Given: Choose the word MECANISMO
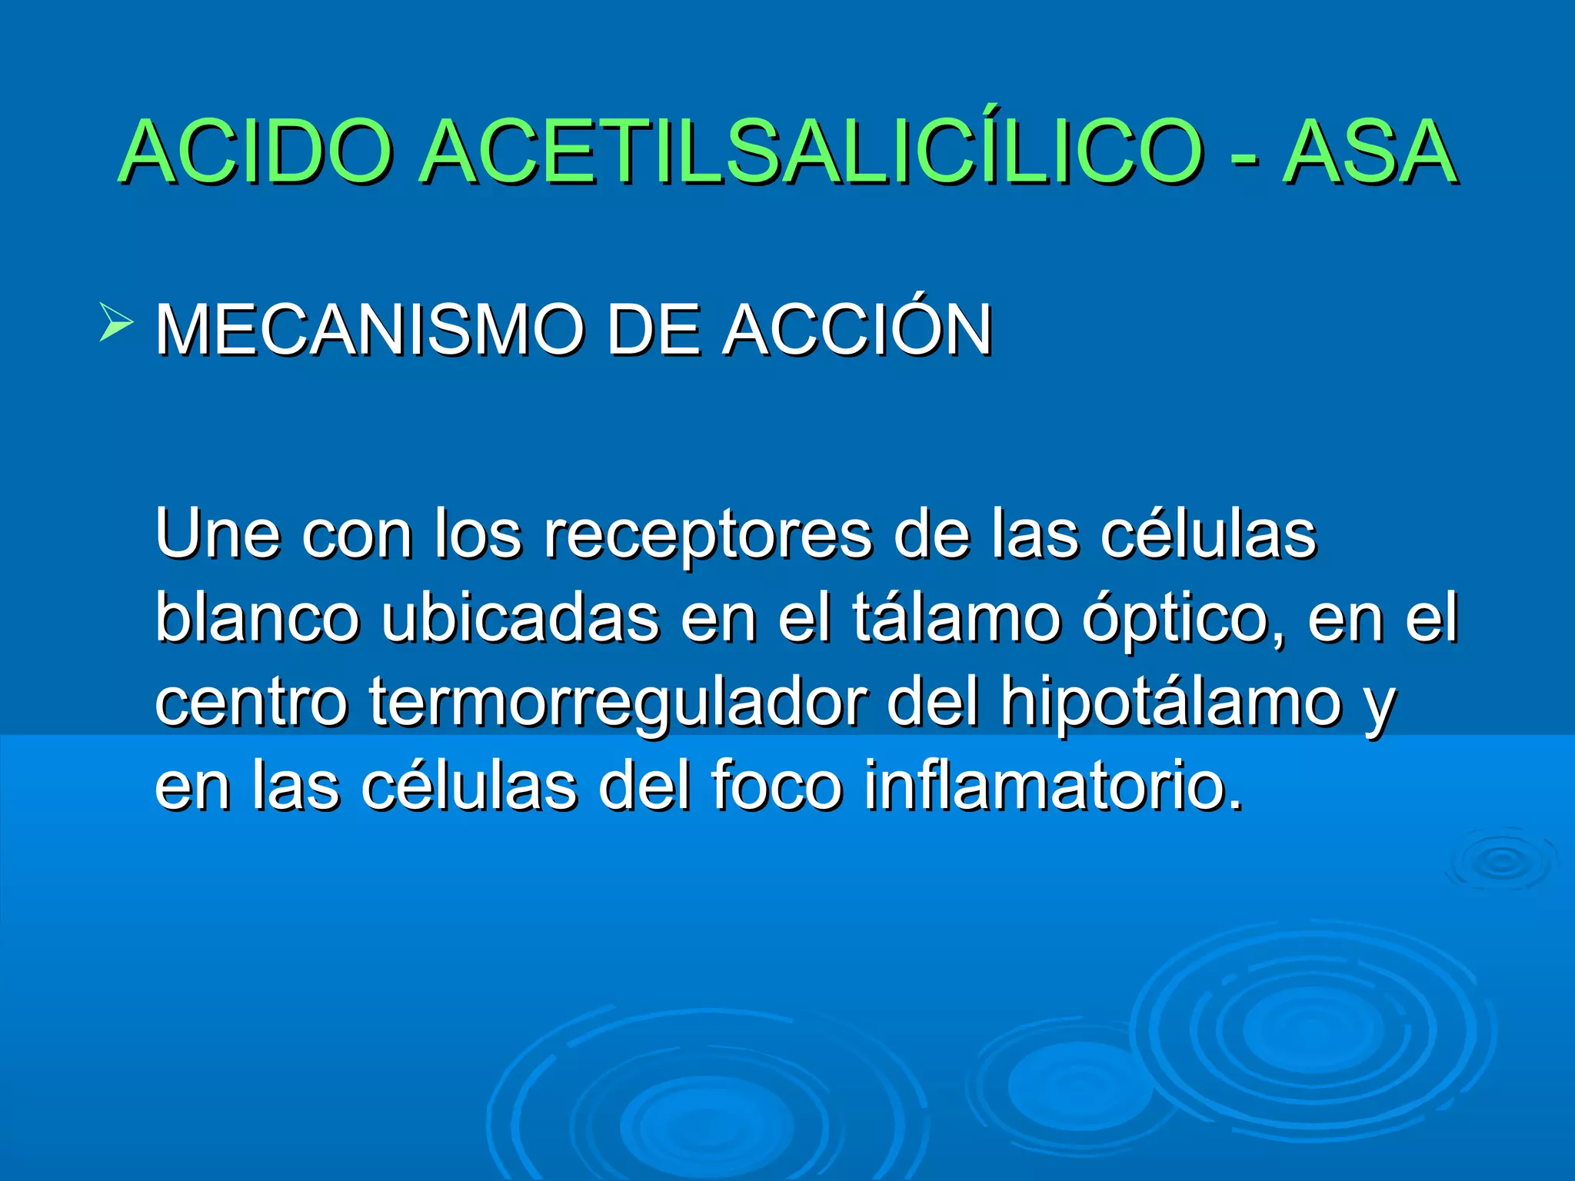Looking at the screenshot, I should point(370,331).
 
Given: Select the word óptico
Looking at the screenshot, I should point(1181,619).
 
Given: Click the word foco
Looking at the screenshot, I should point(776,785).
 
